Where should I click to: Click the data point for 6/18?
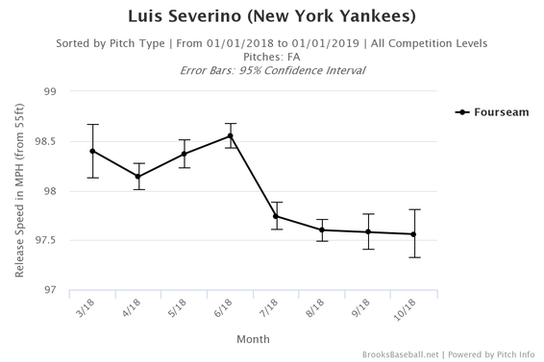(231, 135)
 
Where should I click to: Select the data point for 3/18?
(93, 151)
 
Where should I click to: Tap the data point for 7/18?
(277, 216)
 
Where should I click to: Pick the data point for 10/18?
(414, 234)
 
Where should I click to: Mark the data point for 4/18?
(138, 176)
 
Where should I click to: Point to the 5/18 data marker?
(185, 154)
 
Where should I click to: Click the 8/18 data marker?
(323, 229)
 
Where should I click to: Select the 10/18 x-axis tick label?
(408, 312)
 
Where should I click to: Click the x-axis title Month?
(254, 339)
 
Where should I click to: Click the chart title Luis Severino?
(272, 17)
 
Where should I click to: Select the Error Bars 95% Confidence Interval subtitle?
(272, 71)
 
